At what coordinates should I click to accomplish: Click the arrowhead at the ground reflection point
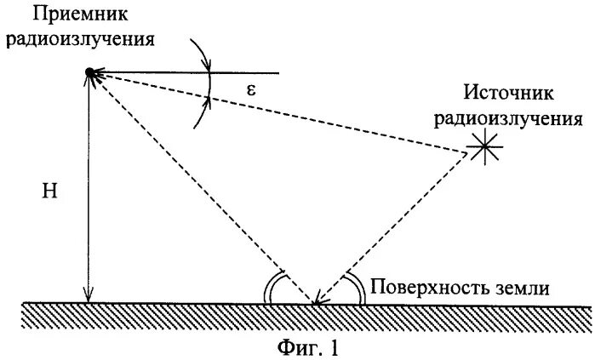tap(318, 299)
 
